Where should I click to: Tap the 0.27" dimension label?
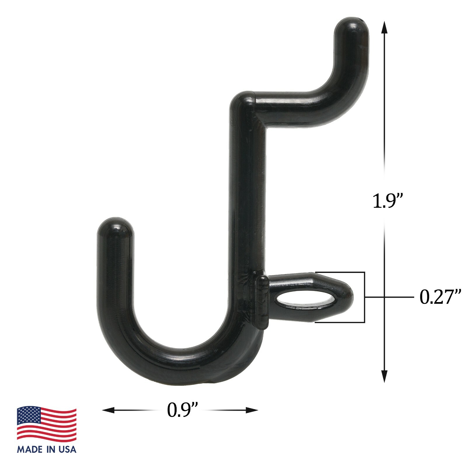[x=440, y=297]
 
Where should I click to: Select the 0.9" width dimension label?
[x=182, y=410]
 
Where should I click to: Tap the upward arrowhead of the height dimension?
[x=384, y=28]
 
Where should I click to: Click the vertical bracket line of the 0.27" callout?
[x=365, y=297]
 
